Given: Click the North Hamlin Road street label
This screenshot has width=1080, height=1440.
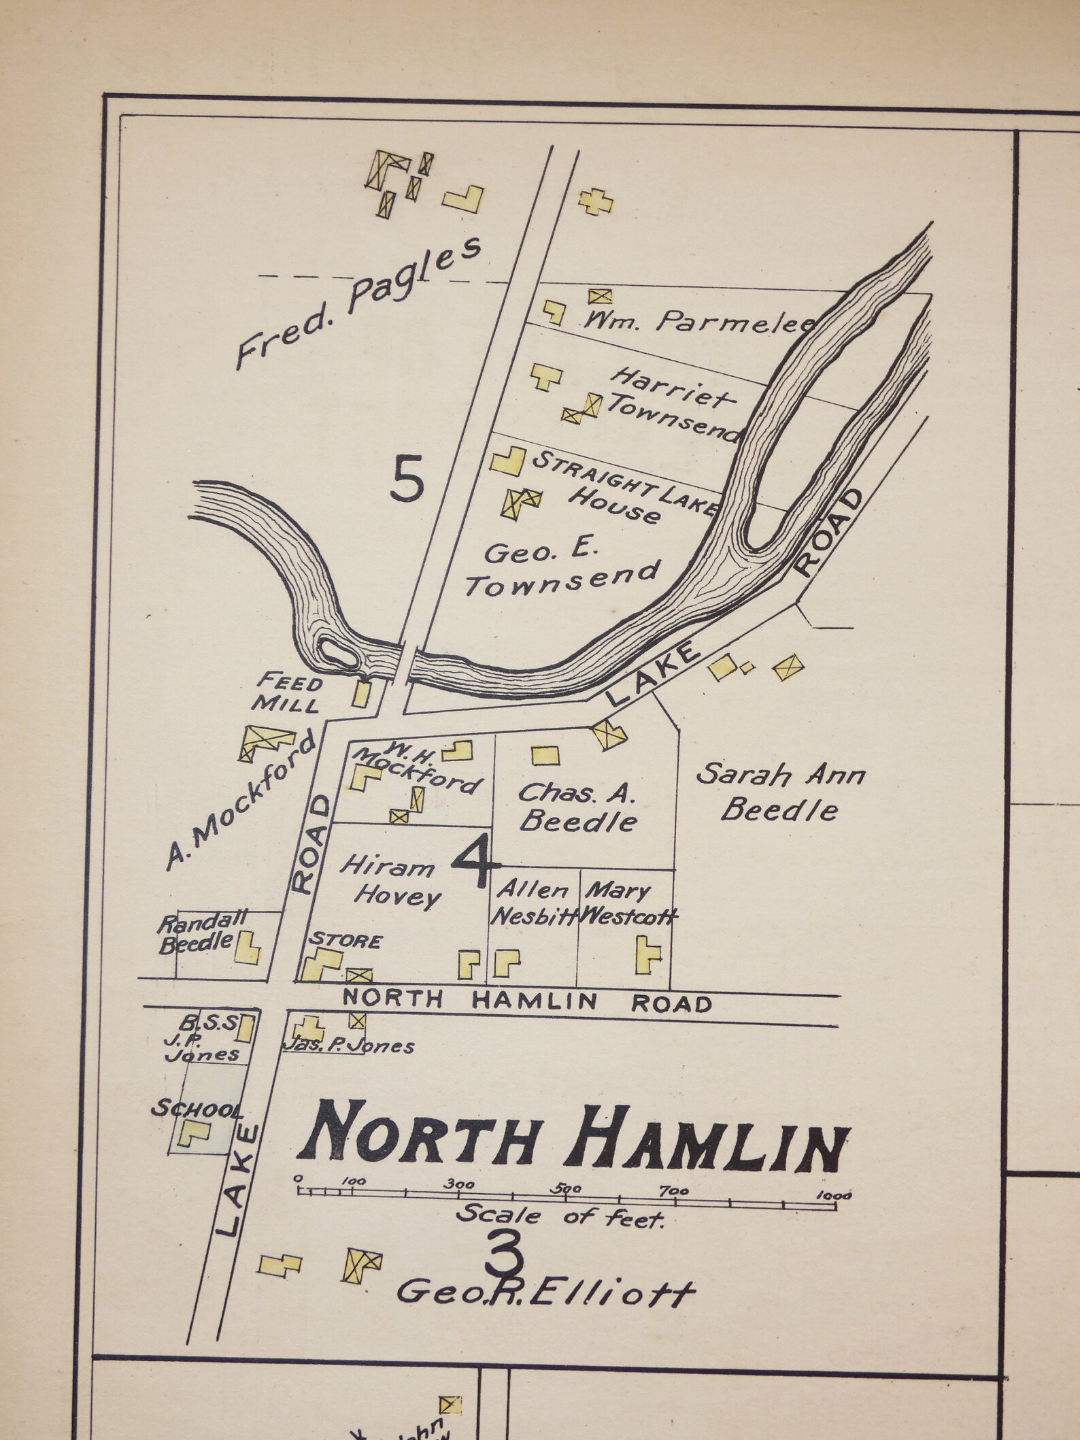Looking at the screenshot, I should pyautogui.click(x=527, y=1001).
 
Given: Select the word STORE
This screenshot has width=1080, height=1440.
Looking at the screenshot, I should pyautogui.click(x=345, y=941).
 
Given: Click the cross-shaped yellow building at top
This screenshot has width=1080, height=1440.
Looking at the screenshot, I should pyautogui.click(x=596, y=201).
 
